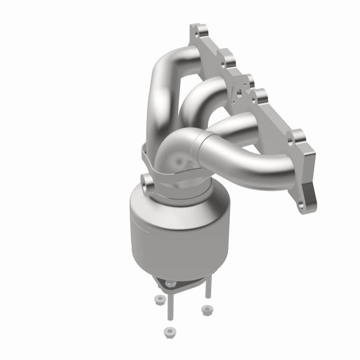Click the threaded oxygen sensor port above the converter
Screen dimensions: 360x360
click(146, 181)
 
